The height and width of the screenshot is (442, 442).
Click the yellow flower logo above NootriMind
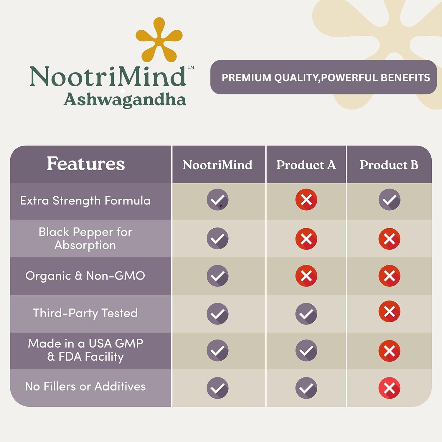[x=159, y=40]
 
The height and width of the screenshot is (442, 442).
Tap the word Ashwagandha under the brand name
[x=125, y=100]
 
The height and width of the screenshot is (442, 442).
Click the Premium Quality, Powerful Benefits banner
[x=323, y=77]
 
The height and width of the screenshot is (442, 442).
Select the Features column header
[x=86, y=164]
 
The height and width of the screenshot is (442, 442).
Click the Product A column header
[x=306, y=165]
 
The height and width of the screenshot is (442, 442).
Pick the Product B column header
[x=389, y=165]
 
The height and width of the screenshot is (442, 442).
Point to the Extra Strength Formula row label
[x=85, y=201]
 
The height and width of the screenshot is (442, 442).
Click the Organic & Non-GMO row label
[x=85, y=276]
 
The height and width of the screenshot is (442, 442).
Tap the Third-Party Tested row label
[x=85, y=313]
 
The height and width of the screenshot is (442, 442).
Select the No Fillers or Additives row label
[x=85, y=386]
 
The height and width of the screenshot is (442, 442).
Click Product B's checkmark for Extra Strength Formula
[x=389, y=199]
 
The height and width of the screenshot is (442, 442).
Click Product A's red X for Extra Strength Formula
[x=306, y=199]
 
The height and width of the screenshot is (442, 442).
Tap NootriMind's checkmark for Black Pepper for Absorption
[x=217, y=238]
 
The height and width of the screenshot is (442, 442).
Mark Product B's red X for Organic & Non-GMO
[x=389, y=276]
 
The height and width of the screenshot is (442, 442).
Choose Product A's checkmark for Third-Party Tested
[x=306, y=314]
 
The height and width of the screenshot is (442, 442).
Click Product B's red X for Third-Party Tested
[x=389, y=311]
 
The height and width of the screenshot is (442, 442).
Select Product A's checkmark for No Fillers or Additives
[x=306, y=388]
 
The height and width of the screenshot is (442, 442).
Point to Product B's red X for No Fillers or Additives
[x=389, y=388]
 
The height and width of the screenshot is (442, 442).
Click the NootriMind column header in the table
[x=217, y=165]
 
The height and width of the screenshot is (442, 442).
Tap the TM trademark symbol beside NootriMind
[x=191, y=67]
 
